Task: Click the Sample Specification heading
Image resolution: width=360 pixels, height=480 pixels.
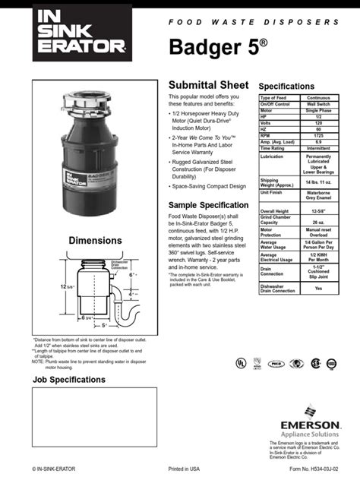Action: pos(207,206)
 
